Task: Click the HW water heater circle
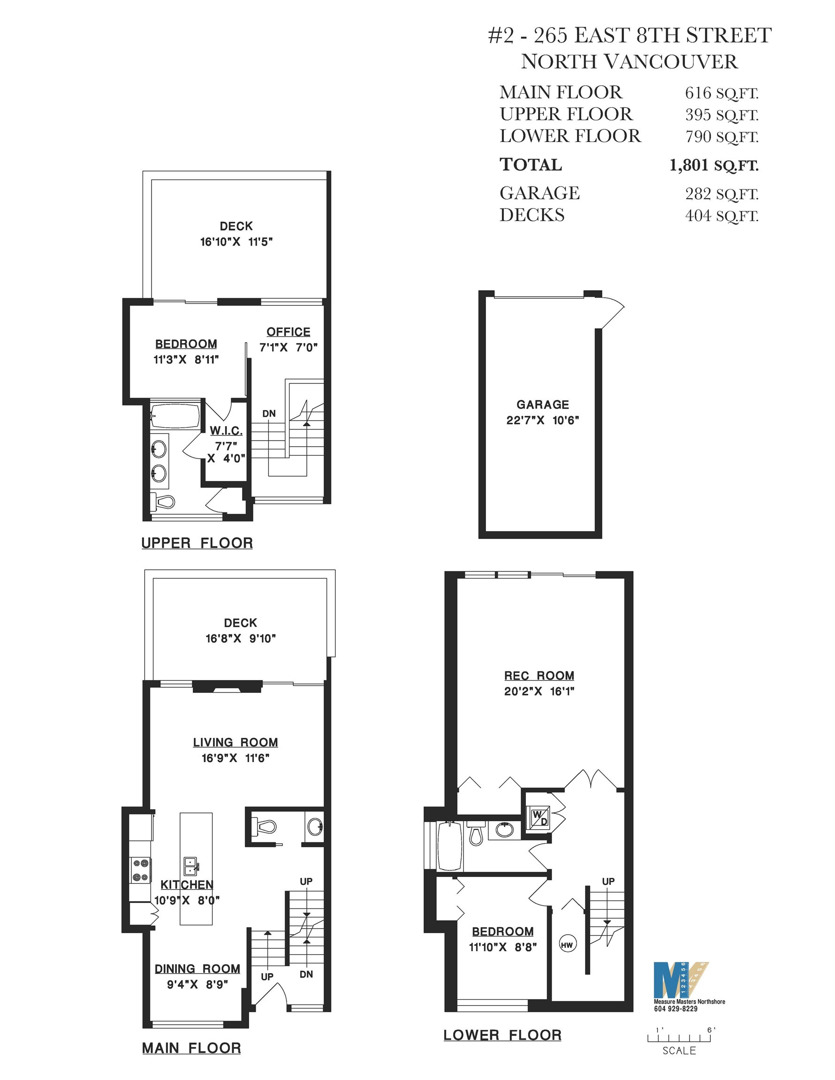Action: click(567, 945)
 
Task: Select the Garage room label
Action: click(542, 405)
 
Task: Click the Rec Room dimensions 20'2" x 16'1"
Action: click(539, 691)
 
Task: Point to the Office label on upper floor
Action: click(288, 332)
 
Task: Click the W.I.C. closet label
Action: click(226, 431)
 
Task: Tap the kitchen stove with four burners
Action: click(141, 870)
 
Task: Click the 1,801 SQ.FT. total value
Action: click(714, 165)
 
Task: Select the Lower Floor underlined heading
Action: click(502, 1035)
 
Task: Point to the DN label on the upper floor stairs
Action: click(269, 413)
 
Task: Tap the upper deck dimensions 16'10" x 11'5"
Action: click(236, 242)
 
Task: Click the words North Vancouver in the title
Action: click(630, 62)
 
